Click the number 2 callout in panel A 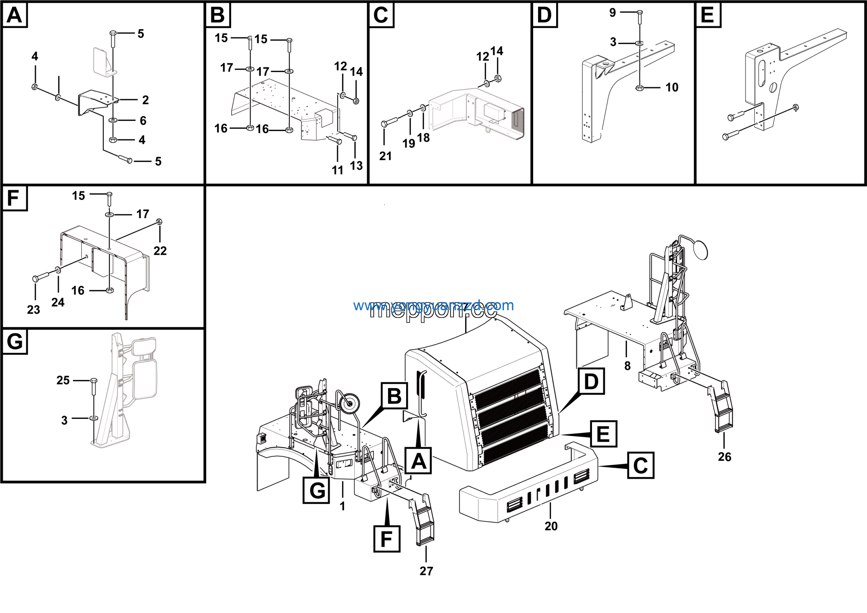click(x=145, y=100)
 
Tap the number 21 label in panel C click(x=385, y=156)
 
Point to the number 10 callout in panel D click(x=672, y=88)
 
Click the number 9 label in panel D click(x=613, y=13)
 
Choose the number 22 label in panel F click(x=160, y=251)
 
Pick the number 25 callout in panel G click(x=63, y=380)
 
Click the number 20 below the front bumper click(x=551, y=526)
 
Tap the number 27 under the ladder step click(x=426, y=571)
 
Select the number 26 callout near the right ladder click(x=724, y=457)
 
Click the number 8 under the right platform click(x=627, y=366)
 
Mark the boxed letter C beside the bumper click(x=640, y=465)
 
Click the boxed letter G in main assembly click(x=316, y=490)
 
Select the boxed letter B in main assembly click(x=394, y=396)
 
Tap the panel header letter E click(x=707, y=15)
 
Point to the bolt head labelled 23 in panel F click(x=36, y=279)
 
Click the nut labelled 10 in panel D click(x=639, y=88)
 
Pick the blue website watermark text click(x=433, y=305)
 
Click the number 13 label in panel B click(x=356, y=165)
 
